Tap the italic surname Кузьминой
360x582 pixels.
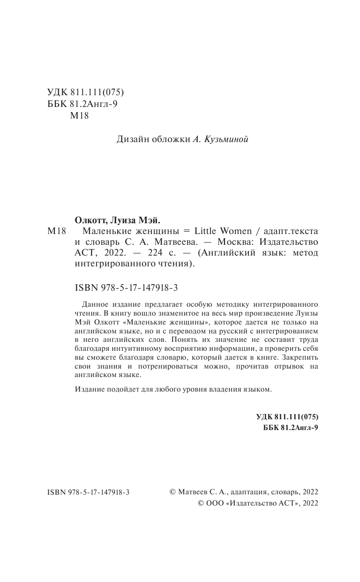coord(226,139)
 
